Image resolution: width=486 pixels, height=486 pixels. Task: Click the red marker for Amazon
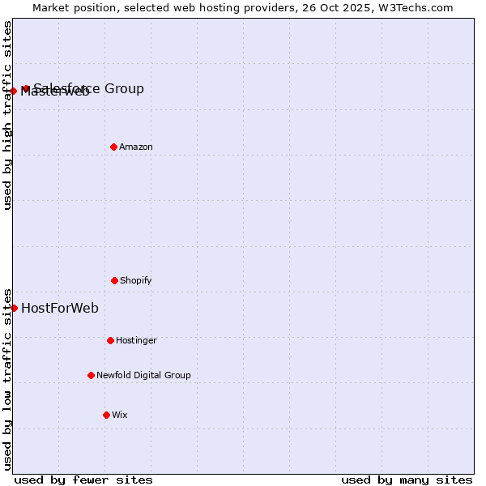click(x=113, y=147)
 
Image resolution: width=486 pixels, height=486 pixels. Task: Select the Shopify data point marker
click(x=114, y=280)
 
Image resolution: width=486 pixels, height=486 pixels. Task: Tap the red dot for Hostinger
click(x=110, y=340)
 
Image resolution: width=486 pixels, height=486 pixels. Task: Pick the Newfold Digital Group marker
click(x=91, y=375)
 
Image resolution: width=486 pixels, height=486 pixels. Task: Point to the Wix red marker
click(x=106, y=415)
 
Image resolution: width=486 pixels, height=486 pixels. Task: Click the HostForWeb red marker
click(x=14, y=308)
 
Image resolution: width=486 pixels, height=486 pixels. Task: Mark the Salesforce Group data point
click(x=26, y=88)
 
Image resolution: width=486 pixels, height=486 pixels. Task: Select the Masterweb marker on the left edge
click(x=14, y=91)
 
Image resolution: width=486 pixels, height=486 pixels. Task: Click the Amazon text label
click(x=136, y=147)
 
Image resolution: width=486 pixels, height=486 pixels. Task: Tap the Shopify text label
click(x=136, y=280)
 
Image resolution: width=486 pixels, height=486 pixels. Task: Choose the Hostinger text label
click(x=136, y=340)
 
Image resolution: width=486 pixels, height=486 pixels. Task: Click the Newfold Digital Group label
click(x=143, y=375)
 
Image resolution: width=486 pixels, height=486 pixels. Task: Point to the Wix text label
click(x=120, y=415)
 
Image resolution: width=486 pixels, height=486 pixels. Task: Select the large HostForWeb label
click(x=60, y=308)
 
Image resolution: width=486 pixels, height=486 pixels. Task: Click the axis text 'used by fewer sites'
click(x=83, y=480)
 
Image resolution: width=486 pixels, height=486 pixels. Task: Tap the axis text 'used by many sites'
click(x=407, y=480)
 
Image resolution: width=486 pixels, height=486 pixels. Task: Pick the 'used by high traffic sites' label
click(x=7, y=115)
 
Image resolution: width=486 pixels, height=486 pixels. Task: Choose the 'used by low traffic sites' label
click(x=7, y=378)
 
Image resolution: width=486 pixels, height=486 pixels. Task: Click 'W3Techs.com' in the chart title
click(x=415, y=7)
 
